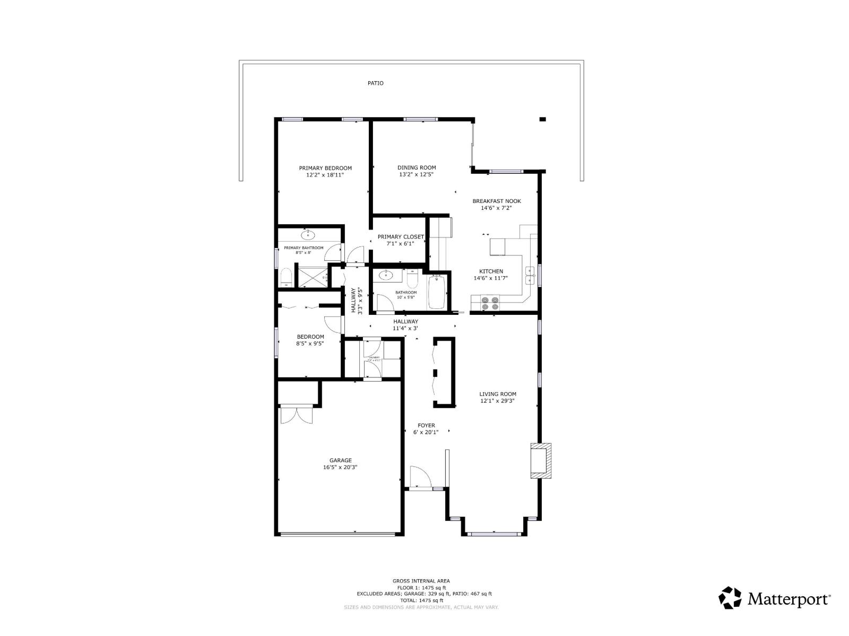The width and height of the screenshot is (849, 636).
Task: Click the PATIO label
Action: (x=375, y=83)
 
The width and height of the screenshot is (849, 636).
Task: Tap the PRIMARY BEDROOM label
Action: (x=325, y=168)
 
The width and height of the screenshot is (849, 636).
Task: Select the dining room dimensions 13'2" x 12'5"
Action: (x=417, y=174)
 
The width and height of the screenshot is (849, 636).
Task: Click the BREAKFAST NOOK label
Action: (x=497, y=201)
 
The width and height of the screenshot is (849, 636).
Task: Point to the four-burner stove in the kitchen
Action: (x=490, y=303)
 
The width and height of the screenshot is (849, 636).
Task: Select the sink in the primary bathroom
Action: (x=308, y=234)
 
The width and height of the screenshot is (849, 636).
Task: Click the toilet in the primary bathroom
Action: (x=286, y=277)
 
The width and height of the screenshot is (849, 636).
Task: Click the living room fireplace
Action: (x=541, y=460)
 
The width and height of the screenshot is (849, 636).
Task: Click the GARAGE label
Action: (x=340, y=461)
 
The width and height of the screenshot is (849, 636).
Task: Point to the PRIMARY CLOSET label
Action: (x=401, y=237)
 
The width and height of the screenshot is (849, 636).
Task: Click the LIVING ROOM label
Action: (x=497, y=394)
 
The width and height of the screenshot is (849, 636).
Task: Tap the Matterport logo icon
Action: (x=730, y=597)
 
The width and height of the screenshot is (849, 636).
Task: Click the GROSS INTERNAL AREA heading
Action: (x=421, y=581)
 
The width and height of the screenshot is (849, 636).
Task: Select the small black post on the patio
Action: (x=542, y=119)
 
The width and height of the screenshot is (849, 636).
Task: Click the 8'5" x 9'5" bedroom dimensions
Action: (x=310, y=343)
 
